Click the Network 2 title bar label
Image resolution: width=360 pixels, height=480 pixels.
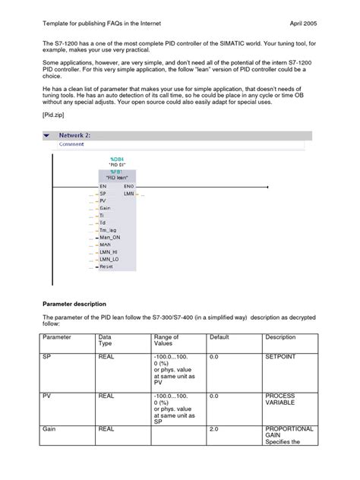[75, 134]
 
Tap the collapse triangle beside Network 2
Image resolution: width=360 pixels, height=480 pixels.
[48, 134]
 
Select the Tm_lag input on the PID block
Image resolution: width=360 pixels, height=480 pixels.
[108, 229]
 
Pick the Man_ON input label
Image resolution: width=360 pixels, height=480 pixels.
[109, 237]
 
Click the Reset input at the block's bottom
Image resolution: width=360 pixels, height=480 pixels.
[106, 266]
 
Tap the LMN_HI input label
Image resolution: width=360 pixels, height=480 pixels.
[109, 251]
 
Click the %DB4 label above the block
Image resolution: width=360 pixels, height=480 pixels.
[117, 158]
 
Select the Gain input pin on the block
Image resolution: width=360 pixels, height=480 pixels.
[105, 207]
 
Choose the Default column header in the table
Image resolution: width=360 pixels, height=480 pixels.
[219, 337]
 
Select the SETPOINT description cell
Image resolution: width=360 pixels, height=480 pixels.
[283, 355]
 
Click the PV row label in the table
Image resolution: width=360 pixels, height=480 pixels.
[47, 396]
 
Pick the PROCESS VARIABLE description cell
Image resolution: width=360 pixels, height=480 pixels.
[285, 400]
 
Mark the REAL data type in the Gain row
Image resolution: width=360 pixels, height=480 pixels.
[106, 429]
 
